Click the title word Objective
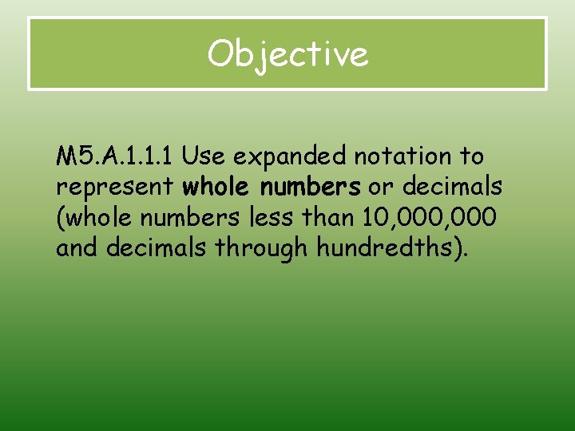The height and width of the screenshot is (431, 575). [287, 54]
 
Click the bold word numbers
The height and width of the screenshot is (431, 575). [307, 187]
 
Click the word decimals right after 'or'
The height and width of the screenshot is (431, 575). [452, 187]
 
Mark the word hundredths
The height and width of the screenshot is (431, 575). [382, 247]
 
